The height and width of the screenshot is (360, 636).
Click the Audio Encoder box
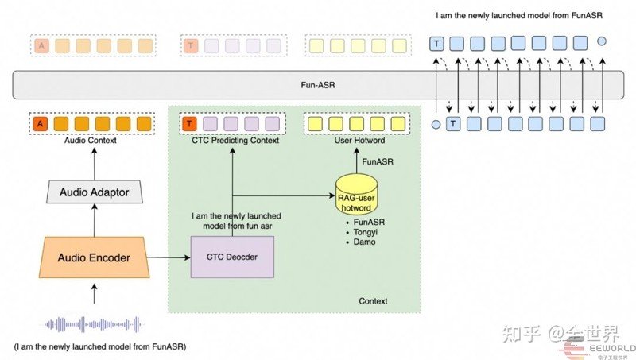point(95,257)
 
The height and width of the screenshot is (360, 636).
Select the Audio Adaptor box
point(95,191)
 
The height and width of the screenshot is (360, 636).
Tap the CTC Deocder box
point(231,257)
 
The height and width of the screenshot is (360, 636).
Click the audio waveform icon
point(93,324)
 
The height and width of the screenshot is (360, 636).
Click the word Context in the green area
point(373,301)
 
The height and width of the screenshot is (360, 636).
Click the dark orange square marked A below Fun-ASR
point(40,123)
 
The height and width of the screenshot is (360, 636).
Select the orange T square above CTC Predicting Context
point(189,123)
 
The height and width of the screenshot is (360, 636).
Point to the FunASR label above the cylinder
point(375,161)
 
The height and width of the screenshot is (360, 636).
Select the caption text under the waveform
point(101,347)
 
